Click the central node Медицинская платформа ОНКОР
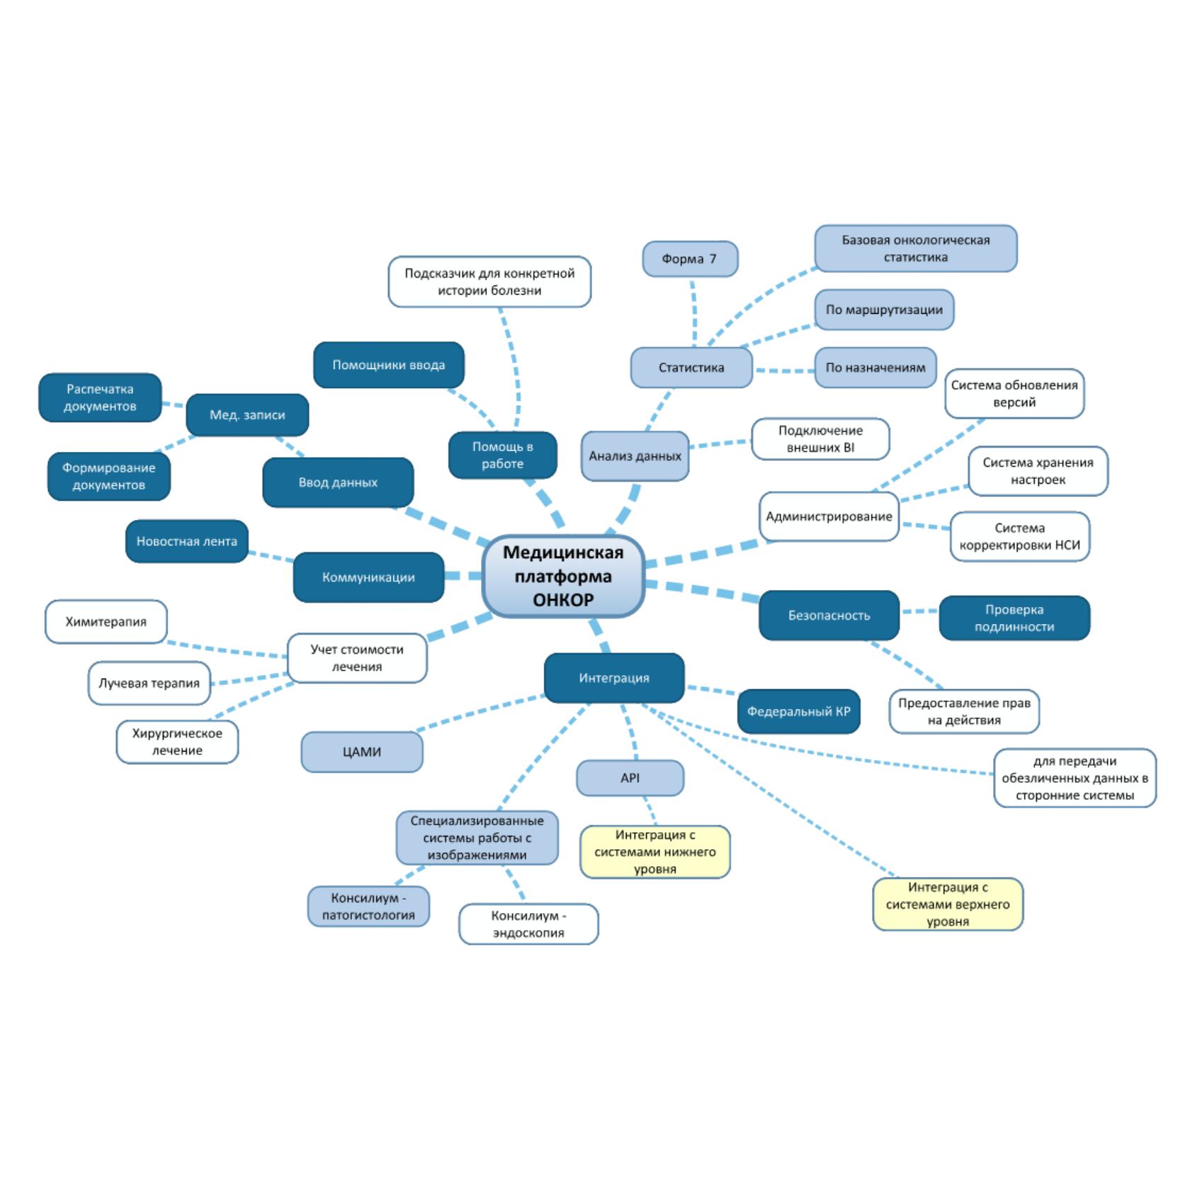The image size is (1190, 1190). (x=563, y=576)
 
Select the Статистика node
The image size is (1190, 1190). (x=691, y=368)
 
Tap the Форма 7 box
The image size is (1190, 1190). (x=690, y=259)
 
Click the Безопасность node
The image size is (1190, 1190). (x=829, y=616)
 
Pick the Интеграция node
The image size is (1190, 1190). (x=614, y=678)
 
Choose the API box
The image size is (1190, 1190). (x=630, y=778)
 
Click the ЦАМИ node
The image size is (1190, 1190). (x=362, y=752)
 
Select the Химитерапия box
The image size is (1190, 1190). (x=106, y=622)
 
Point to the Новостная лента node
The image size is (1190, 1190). (x=187, y=541)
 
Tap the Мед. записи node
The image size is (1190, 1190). (x=247, y=415)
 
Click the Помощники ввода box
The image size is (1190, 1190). (x=389, y=365)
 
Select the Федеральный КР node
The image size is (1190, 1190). (x=798, y=711)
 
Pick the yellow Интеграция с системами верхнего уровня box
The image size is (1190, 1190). (x=948, y=904)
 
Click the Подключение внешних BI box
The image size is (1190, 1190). (x=820, y=439)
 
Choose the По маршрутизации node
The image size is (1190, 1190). (x=884, y=310)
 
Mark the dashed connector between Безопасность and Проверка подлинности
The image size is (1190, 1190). (x=919, y=611)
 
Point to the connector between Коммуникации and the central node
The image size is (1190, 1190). (x=464, y=576)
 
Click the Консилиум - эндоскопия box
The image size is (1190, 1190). (x=528, y=924)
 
